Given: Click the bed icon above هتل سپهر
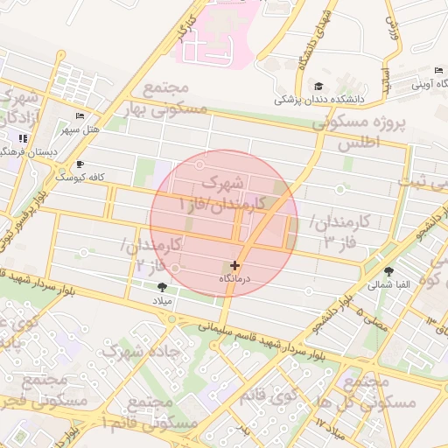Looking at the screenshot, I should tap(80, 115).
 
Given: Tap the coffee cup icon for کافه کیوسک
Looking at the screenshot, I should tap(80, 164).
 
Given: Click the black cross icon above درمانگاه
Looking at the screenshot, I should tap(234, 264).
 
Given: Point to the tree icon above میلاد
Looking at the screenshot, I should tap(162, 286).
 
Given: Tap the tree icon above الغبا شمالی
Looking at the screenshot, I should tap(388, 271).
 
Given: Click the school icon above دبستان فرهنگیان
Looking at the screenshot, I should tap(22, 138).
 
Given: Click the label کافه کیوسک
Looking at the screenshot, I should tap(80, 177).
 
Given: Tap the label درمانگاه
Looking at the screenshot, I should tap(234, 277).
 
